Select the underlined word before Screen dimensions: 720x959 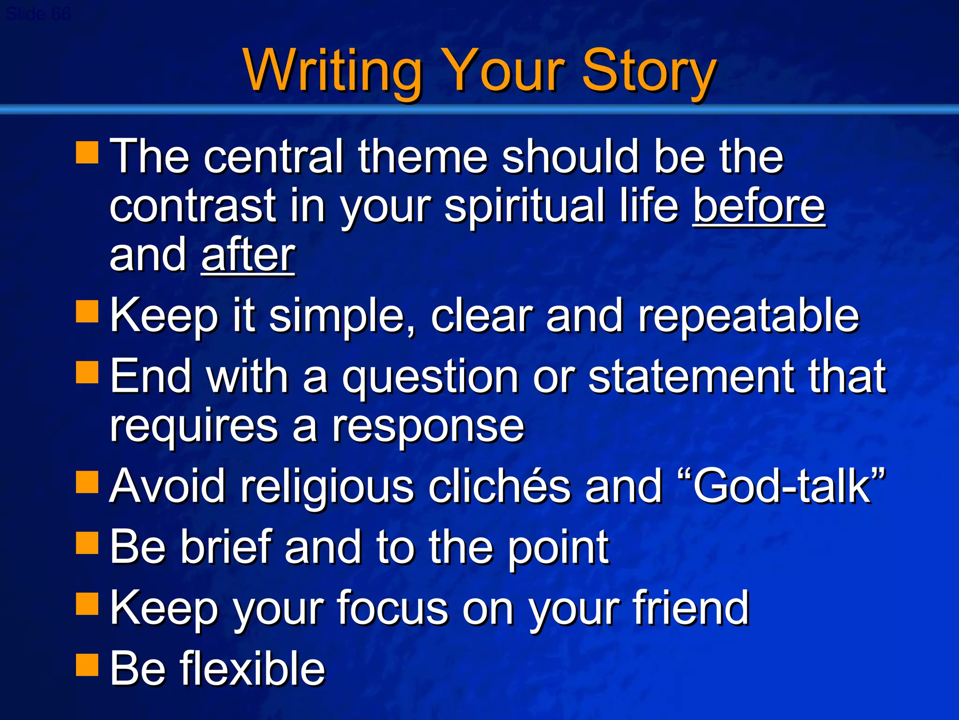(759, 206)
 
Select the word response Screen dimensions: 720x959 (428, 427)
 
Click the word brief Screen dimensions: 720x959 (227, 547)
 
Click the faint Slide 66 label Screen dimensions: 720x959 (38, 14)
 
